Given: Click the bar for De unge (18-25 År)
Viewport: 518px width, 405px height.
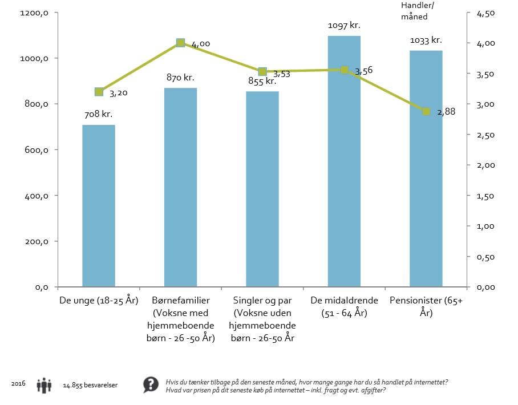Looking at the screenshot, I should pyautogui.click(x=99, y=205).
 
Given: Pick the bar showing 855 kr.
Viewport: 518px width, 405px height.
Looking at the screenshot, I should pyautogui.click(x=262, y=189).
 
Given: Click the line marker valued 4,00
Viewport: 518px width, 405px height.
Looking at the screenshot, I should pyautogui.click(x=181, y=43).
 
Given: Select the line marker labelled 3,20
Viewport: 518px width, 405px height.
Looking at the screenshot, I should pyautogui.click(x=99, y=92).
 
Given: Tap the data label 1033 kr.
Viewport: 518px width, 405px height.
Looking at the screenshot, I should pyautogui.click(x=426, y=40).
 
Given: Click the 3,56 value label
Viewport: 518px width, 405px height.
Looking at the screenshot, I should pyautogui.click(x=364, y=71).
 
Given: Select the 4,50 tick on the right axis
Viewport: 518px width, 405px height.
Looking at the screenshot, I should pyautogui.click(x=485, y=13).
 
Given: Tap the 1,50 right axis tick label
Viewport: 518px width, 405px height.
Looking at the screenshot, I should pyautogui.click(x=485, y=196).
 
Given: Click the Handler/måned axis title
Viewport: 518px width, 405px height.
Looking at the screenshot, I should pyautogui.click(x=415, y=11).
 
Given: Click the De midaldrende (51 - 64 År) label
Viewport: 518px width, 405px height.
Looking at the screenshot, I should pyautogui.click(x=344, y=306).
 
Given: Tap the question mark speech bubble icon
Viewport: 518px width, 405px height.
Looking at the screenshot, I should pyautogui.click(x=151, y=385).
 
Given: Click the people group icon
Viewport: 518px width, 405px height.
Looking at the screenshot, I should pyautogui.click(x=44, y=386).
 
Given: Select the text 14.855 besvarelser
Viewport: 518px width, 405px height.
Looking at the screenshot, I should pyautogui.click(x=90, y=386).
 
